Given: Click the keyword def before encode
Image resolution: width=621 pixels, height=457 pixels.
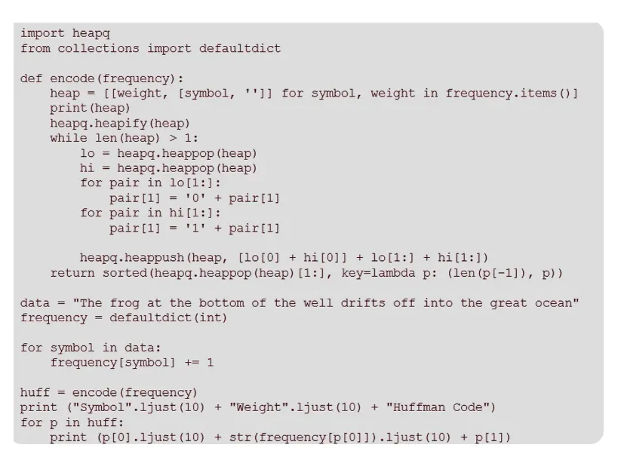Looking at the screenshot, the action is coord(31,78).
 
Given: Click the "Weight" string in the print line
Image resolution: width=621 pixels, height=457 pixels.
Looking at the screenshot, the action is coord(259,407).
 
